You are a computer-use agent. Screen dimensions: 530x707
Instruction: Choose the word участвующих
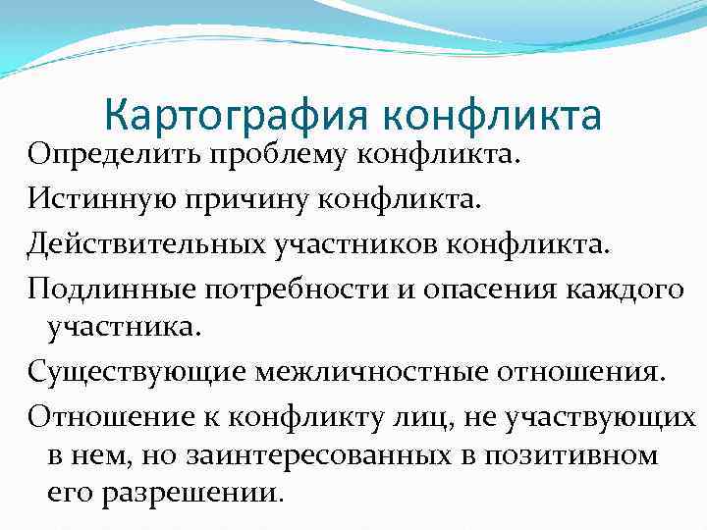tap(597, 416)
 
